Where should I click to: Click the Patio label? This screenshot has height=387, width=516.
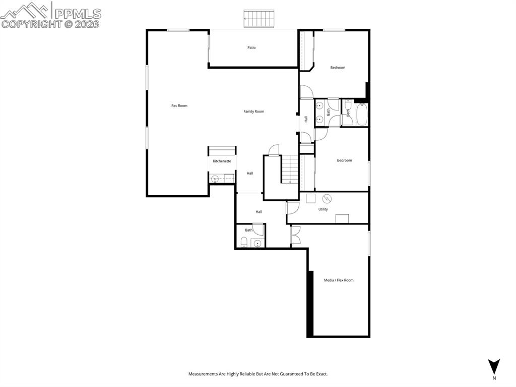coord(251,48)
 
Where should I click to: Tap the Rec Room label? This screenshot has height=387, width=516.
coord(179,106)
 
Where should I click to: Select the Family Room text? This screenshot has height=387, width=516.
coord(254,112)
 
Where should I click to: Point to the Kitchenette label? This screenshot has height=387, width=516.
coord(222,161)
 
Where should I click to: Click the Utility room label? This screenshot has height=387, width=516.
coord(323,209)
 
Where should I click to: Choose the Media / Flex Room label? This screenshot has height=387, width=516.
coord(339,280)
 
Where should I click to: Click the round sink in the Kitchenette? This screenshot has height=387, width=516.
coord(214,178)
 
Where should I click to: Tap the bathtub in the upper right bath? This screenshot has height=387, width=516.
coord(362,115)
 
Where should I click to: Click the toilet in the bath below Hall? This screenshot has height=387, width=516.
coord(244,243)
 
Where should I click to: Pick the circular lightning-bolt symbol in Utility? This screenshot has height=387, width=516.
coord(326,198)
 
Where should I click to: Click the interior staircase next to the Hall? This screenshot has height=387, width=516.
coord(290,170)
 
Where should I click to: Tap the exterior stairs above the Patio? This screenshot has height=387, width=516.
coord(259,19)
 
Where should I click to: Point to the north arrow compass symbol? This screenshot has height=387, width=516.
coord(494,366)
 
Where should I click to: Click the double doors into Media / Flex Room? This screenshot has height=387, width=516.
coord(295,236)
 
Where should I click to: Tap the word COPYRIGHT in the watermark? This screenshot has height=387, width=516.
coord(31,24)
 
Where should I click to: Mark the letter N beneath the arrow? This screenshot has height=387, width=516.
coord(494,378)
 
